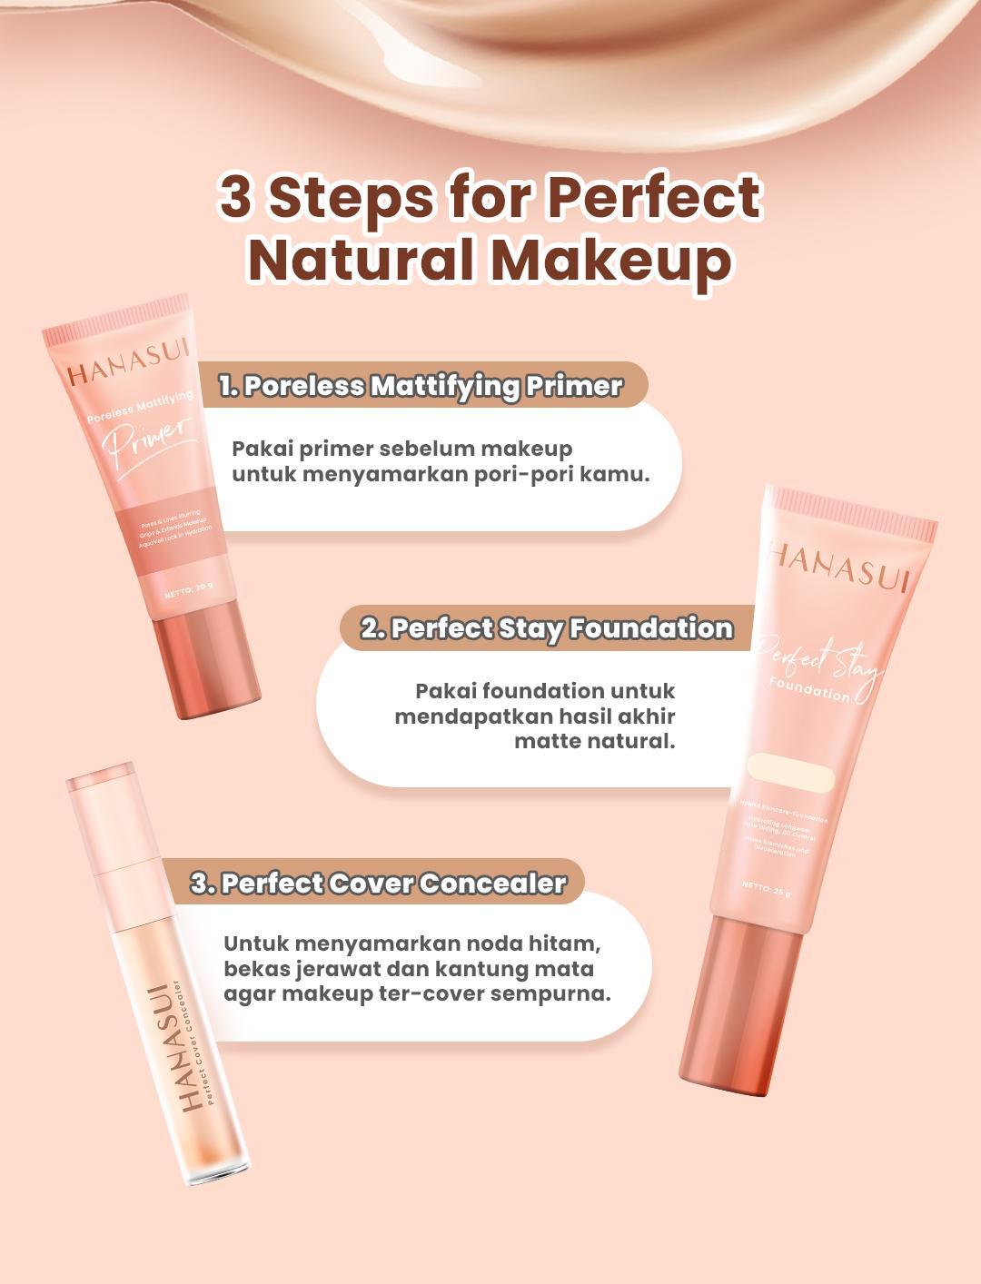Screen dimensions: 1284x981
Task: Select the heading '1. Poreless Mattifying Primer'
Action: (421, 386)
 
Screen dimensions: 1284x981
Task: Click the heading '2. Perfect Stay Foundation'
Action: (546, 628)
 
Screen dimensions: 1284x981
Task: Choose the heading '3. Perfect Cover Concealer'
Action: (378, 884)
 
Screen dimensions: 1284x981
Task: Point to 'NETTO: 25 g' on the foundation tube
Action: (765, 889)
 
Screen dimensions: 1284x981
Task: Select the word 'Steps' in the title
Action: (354, 197)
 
